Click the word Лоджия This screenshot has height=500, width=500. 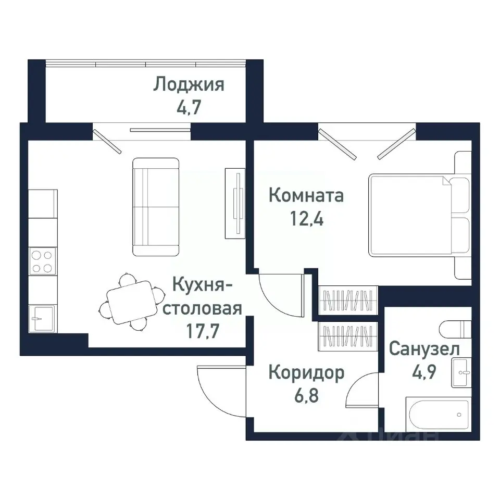pos(189,85)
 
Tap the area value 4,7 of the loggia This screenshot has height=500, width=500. pos(189,109)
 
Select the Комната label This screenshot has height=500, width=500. pos(306,196)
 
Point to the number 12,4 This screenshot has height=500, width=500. pos(306,219)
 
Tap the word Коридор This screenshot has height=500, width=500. pos(306,373)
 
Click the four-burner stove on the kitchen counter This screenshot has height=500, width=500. pos(42,262)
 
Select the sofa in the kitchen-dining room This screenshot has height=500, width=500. pos(156,207)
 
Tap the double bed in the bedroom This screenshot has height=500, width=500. pos(411,215)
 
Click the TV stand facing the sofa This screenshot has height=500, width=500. pos(235,202)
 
